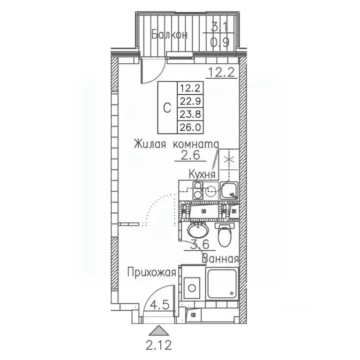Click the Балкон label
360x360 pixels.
pos(170,35)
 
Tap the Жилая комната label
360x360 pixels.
pos(176,143)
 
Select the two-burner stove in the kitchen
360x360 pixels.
pos(198,191)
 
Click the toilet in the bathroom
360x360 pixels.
pos(225,235)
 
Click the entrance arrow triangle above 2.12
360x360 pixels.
pos(160,330)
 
